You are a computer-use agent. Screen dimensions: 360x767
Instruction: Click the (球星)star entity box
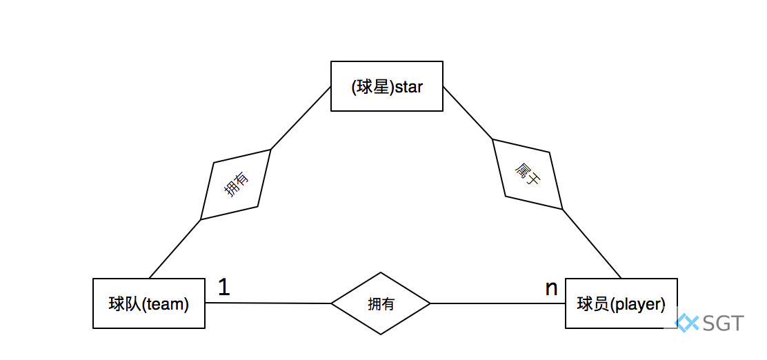pos(386,86)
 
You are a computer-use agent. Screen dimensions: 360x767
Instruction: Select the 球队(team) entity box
pos(148,303)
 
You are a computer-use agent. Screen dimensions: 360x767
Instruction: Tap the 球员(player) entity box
pos(621,303)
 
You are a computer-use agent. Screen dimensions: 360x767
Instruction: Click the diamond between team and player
pos(381,303)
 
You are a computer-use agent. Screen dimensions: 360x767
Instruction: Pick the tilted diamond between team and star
pos(235,184)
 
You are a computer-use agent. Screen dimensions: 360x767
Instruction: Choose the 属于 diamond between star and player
pos(528,174)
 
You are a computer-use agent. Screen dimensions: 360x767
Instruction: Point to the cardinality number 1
pos(223,287)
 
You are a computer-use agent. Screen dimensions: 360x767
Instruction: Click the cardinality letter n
pos(551,288)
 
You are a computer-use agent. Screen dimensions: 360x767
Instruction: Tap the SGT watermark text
pos(724,323)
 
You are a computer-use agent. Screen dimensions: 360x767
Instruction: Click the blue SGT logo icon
pos(687,322)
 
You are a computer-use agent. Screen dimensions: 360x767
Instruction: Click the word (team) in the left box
pos(166,304)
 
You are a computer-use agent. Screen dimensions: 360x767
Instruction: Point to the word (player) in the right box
pos(639,304)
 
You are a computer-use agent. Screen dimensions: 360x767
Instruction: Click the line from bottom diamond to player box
pos(497,303)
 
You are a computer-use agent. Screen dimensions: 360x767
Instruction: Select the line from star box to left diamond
pos(301,118)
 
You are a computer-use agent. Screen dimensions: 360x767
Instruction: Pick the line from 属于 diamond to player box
pos(592,243)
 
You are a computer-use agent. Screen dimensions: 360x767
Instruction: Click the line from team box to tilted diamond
pos(175,248)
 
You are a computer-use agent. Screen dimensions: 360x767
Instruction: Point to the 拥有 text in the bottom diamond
pos(381,303)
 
